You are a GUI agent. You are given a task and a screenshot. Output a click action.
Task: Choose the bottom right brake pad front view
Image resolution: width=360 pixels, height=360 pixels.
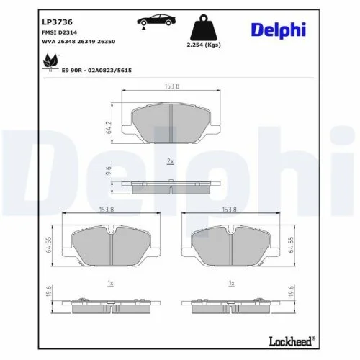click(x=230, y=248)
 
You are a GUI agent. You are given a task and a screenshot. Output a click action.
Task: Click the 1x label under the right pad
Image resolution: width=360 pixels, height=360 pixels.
click(x=230, y=284)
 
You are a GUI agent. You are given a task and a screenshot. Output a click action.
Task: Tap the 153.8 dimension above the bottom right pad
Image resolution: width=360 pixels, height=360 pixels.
click(x=230, y=210)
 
